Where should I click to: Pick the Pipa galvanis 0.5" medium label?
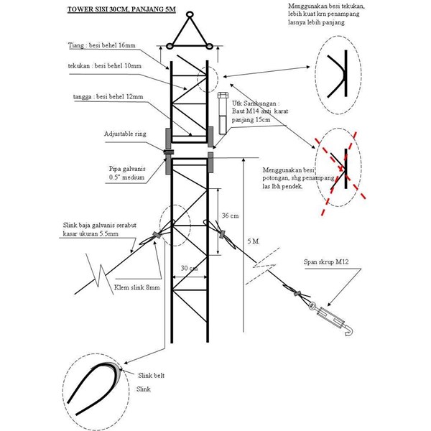tap(124, 173)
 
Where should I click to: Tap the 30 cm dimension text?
tap(190, 268)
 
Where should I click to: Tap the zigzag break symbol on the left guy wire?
tap(94, 275)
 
